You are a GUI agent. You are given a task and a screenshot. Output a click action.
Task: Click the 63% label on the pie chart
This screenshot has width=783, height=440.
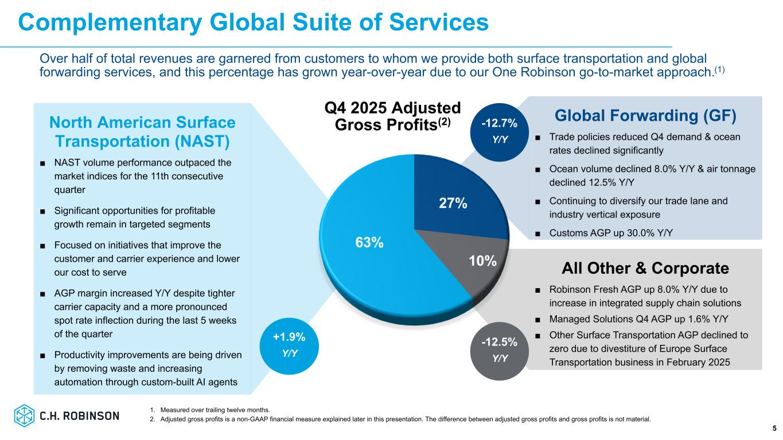click(369, 242)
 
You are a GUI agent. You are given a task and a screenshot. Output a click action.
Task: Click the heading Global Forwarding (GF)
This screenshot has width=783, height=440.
click(645, 116)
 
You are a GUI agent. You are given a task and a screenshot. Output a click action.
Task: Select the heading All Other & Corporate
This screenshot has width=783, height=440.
click(645, 268)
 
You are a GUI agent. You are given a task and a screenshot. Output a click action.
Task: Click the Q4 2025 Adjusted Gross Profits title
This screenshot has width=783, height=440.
click(393, 116)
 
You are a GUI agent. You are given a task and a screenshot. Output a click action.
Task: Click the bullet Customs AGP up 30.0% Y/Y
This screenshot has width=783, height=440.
click(611, 232)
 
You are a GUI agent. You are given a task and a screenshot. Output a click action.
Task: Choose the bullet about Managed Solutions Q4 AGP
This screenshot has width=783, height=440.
click(632, 319)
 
